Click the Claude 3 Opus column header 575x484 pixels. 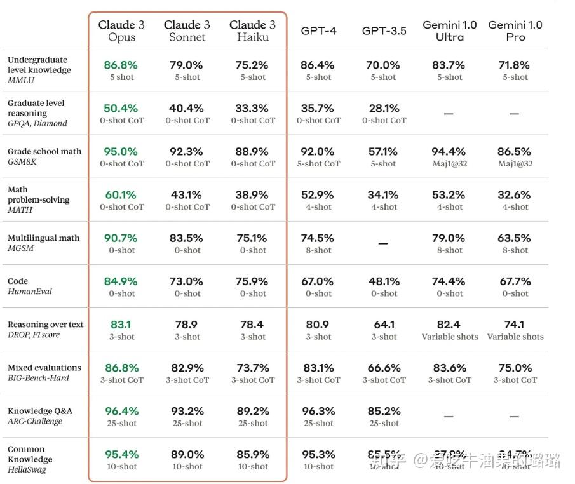pos(121,30)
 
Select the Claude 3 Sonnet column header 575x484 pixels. pos(187,30)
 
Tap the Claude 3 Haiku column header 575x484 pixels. pos(252,30)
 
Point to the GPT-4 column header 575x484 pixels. pos(318,30)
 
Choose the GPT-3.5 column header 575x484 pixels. pos(384,30)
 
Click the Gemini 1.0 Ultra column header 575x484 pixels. pos(449,30)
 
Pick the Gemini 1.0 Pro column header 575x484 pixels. pos(515,30)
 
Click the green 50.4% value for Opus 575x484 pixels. pos(121,108)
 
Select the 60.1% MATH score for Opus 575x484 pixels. pos(121,194)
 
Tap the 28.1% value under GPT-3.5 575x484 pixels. pos(384,108)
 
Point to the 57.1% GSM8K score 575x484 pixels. pos(384,151)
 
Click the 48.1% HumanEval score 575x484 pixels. pos(384,281)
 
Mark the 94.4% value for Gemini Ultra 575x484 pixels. pos(449,151)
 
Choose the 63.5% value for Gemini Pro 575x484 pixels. pos(515,238)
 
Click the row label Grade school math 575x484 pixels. pos(44,151)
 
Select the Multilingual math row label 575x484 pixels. pos(43,238)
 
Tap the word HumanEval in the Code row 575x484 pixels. pos(30,292)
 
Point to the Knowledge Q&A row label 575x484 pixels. pos(39,410)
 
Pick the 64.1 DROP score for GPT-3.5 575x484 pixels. pos(384,325)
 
